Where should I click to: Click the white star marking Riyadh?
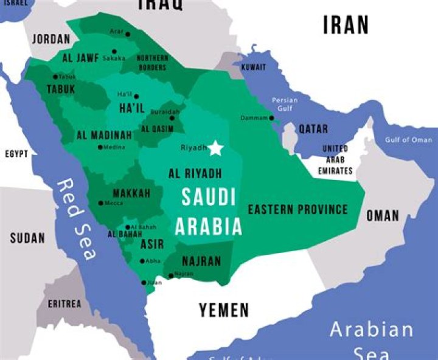[216, 148]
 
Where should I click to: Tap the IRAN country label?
[346, 25]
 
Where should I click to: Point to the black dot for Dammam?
[271, 118]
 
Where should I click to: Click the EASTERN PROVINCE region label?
[297, 210]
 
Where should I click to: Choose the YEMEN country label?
[224, 310]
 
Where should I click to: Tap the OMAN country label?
[383, 215]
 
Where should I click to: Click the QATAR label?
[313, 129]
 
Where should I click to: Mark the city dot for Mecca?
[101, 203]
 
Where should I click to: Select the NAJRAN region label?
[200, 261]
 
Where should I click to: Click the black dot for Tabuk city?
[55, 77]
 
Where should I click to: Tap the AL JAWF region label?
[80, 58]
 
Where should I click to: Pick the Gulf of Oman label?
[408, 140]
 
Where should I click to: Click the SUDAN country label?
[27, 238]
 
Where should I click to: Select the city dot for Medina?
[100, 147]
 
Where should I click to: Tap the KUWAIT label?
[253, 67]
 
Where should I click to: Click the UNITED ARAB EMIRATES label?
[335, 160]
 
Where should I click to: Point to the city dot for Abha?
[142, 261]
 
